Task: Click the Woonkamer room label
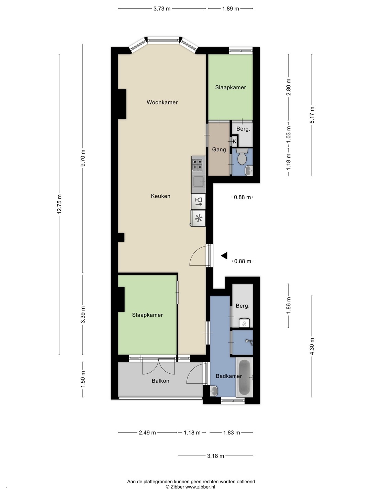(162, 102)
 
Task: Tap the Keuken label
(161, 196)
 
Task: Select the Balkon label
(160, 381)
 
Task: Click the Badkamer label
(229, 376)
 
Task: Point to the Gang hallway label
(219, 150)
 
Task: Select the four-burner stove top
(197, 164)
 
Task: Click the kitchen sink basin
(199, 181)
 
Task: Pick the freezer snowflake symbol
(199, 218)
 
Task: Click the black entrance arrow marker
(224, 255)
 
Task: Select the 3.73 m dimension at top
(162, 9)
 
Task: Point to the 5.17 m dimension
(312, 115)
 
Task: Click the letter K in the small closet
(235, 142)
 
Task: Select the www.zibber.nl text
(200, 487)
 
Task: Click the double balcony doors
(159, 366)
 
